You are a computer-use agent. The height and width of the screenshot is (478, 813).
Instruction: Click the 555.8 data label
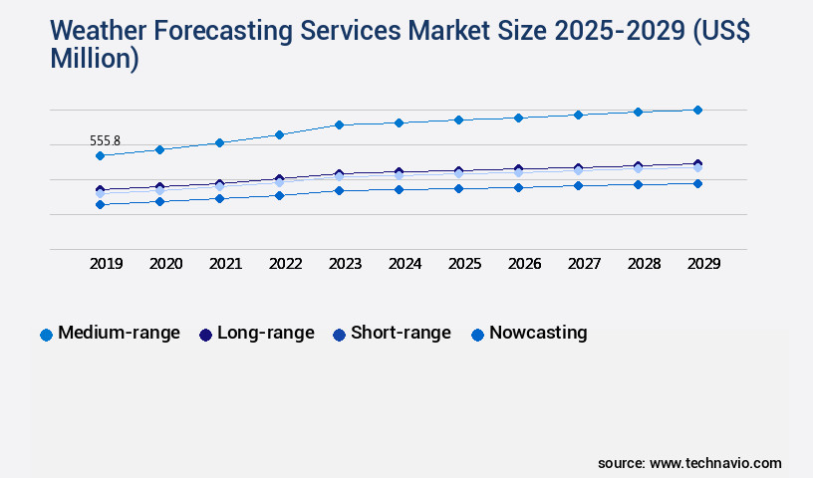tap(105, 141)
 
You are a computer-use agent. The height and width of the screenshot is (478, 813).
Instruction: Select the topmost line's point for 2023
tap(339, 124)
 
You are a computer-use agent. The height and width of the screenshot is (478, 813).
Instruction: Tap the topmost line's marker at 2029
tap(697, 110)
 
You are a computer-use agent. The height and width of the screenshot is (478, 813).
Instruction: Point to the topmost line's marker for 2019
tap(100, 155)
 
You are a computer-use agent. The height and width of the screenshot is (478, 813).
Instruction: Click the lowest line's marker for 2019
tap(100, 204)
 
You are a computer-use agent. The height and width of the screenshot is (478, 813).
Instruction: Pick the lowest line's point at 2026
tap(518, 187)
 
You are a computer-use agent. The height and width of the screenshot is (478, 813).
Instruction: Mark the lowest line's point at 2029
tap(697, 183)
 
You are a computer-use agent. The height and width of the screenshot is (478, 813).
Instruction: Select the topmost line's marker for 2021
tap(219, 142)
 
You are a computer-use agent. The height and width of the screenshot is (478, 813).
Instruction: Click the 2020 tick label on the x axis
tap(165, 264)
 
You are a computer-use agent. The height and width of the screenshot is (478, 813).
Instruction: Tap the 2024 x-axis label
tap(405, 264)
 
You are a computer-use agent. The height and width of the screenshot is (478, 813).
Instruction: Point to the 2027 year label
tap(584, 264)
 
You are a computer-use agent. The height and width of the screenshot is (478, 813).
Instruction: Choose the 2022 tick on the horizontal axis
tap(285, 264)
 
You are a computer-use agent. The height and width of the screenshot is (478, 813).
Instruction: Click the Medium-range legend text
tap(119, 333)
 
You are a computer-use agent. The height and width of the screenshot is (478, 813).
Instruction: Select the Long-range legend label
tap(265, 333)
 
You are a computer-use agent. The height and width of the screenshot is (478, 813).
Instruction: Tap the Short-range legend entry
tap(401, 333)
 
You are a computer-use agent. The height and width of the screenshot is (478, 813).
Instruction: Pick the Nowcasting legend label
tap(538, 333)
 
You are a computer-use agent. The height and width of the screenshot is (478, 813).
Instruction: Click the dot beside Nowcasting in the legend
tap(477, 335)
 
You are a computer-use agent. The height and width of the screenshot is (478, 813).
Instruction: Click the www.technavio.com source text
tap(715, 463)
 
